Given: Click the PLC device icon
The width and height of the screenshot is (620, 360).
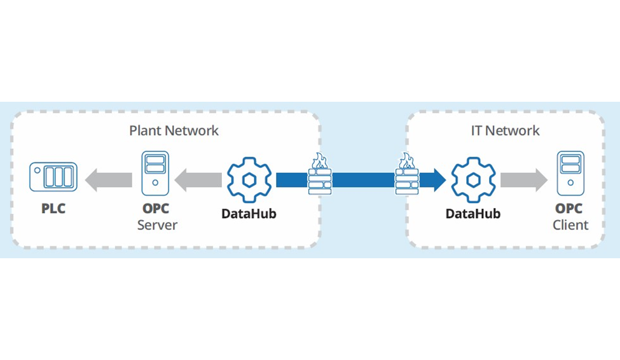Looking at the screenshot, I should tap(53, 177).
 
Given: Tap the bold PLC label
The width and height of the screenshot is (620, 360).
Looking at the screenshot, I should tap(53, 209).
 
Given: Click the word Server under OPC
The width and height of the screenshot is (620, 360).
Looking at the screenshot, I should tap(157, 225).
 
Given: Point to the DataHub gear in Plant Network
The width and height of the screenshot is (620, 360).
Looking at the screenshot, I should tap(249, 179).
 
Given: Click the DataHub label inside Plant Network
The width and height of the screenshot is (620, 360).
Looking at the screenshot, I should tap(249, 214).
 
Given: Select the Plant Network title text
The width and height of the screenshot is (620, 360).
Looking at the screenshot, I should tap(174, 131).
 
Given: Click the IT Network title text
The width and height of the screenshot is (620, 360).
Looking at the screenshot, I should tap(505, 131).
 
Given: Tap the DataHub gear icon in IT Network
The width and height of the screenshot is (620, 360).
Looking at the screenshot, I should tap(472, 179).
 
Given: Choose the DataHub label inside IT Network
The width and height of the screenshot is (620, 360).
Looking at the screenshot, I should tap(472, 214).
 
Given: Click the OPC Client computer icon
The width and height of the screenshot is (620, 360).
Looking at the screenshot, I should tap(570, 172).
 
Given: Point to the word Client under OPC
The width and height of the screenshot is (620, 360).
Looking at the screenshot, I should tap(570, 225).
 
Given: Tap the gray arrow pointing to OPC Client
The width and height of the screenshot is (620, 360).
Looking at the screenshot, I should tap(523, 179).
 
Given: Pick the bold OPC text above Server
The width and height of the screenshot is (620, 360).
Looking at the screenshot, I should tap(156, 209).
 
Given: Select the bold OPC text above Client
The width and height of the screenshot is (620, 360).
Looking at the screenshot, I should tap(570, 209).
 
